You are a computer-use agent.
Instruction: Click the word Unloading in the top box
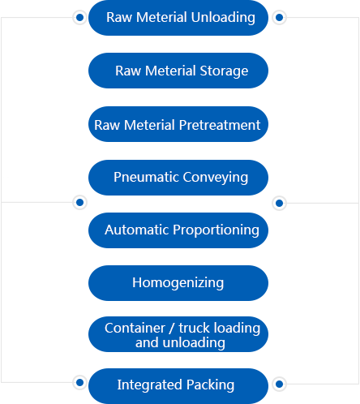pyautogui.click(x=223, y=18)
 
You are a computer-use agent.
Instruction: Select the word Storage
pyautogui.click(x=224, y=71)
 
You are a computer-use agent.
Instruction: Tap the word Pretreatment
pyautogui.click(x=220, y=125)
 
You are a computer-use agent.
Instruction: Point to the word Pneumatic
pyautogui.click(x=146, y=178)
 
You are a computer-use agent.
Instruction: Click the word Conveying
pyautogui.click(x=216, y=178)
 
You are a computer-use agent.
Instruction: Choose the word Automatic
pyautogui.click(x=137, y=230)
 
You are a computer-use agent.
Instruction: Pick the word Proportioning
pyautogui.click(x=216, y=230)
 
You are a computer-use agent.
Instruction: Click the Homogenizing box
pyautogui.click(x=178, y=283)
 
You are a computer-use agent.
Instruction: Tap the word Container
pyautogui.click(x=135, y=328)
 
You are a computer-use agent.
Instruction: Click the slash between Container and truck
pyautogui.click(x=172, y=329)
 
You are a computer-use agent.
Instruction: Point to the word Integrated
pyautogui.click(x=150, y=385)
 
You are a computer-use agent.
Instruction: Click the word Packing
pyautogui.click(x=210, y=385)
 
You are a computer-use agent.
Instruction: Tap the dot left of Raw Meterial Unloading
pyautogui.click(x=79, y=18)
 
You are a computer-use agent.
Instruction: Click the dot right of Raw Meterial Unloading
pyautogui.click(x=279, y=18)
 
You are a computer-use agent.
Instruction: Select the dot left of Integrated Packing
pyautogui.click(x=79, y=382)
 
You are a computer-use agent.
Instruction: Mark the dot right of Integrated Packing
pyautogui.click(x=279, y=384)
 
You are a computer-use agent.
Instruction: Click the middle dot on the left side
pyautogui.click(x=79, y=202)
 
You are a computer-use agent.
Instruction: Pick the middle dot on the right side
pyautogui.click(x=279, y=203)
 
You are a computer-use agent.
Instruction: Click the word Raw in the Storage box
pyautogui.click(x=128, y=71)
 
